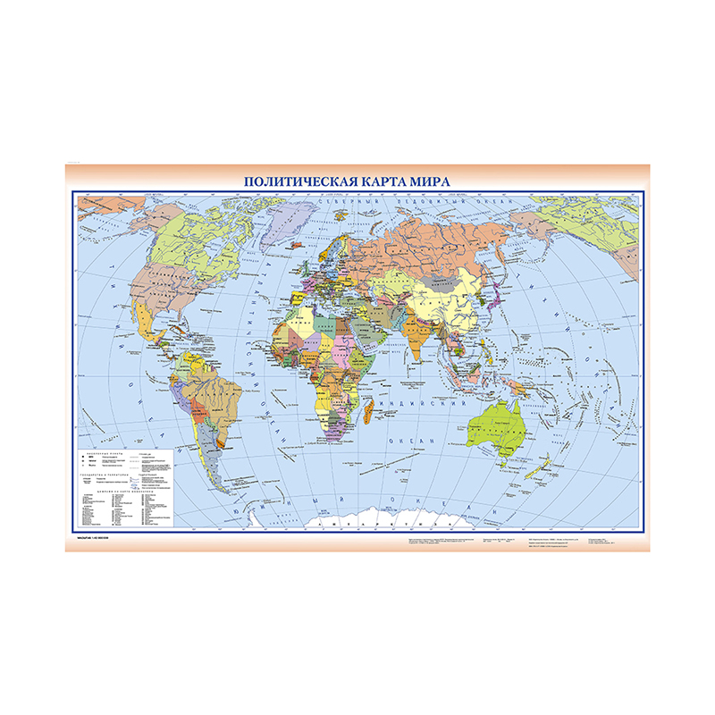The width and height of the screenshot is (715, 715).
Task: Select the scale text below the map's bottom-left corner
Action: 93,538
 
